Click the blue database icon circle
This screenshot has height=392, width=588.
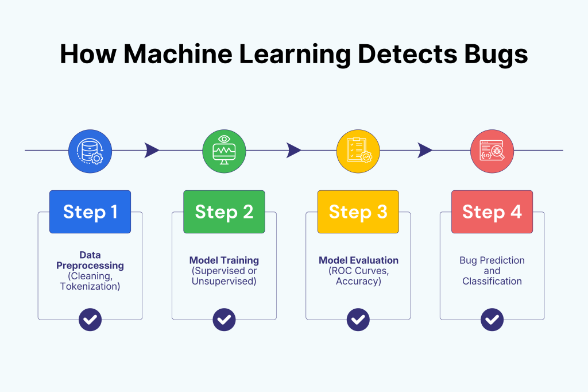click(90, 151)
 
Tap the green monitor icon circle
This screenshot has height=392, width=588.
click(224, 151)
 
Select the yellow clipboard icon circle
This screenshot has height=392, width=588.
click(358, 151)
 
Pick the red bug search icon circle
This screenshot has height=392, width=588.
click(492, 151)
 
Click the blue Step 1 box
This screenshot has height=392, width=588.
click(90, 212)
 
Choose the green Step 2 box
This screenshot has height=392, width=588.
click(224, 212)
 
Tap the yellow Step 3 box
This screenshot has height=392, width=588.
click(358, 212)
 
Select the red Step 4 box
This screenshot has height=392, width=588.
click(492, 212)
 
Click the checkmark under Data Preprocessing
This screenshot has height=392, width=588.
click(90, 320)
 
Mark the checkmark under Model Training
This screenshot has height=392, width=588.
click(224, 320)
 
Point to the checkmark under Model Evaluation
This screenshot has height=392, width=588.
click(358, 320)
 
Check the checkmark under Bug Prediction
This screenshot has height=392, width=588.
click(492, 320)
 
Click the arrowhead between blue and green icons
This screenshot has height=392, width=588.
click(152, 151)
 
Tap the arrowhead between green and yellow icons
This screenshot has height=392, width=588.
click(293, 151)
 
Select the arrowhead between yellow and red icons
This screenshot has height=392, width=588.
click(425, 151)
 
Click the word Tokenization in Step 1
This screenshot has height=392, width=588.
click(90, 286)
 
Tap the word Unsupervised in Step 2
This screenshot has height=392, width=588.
click(224, 282)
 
